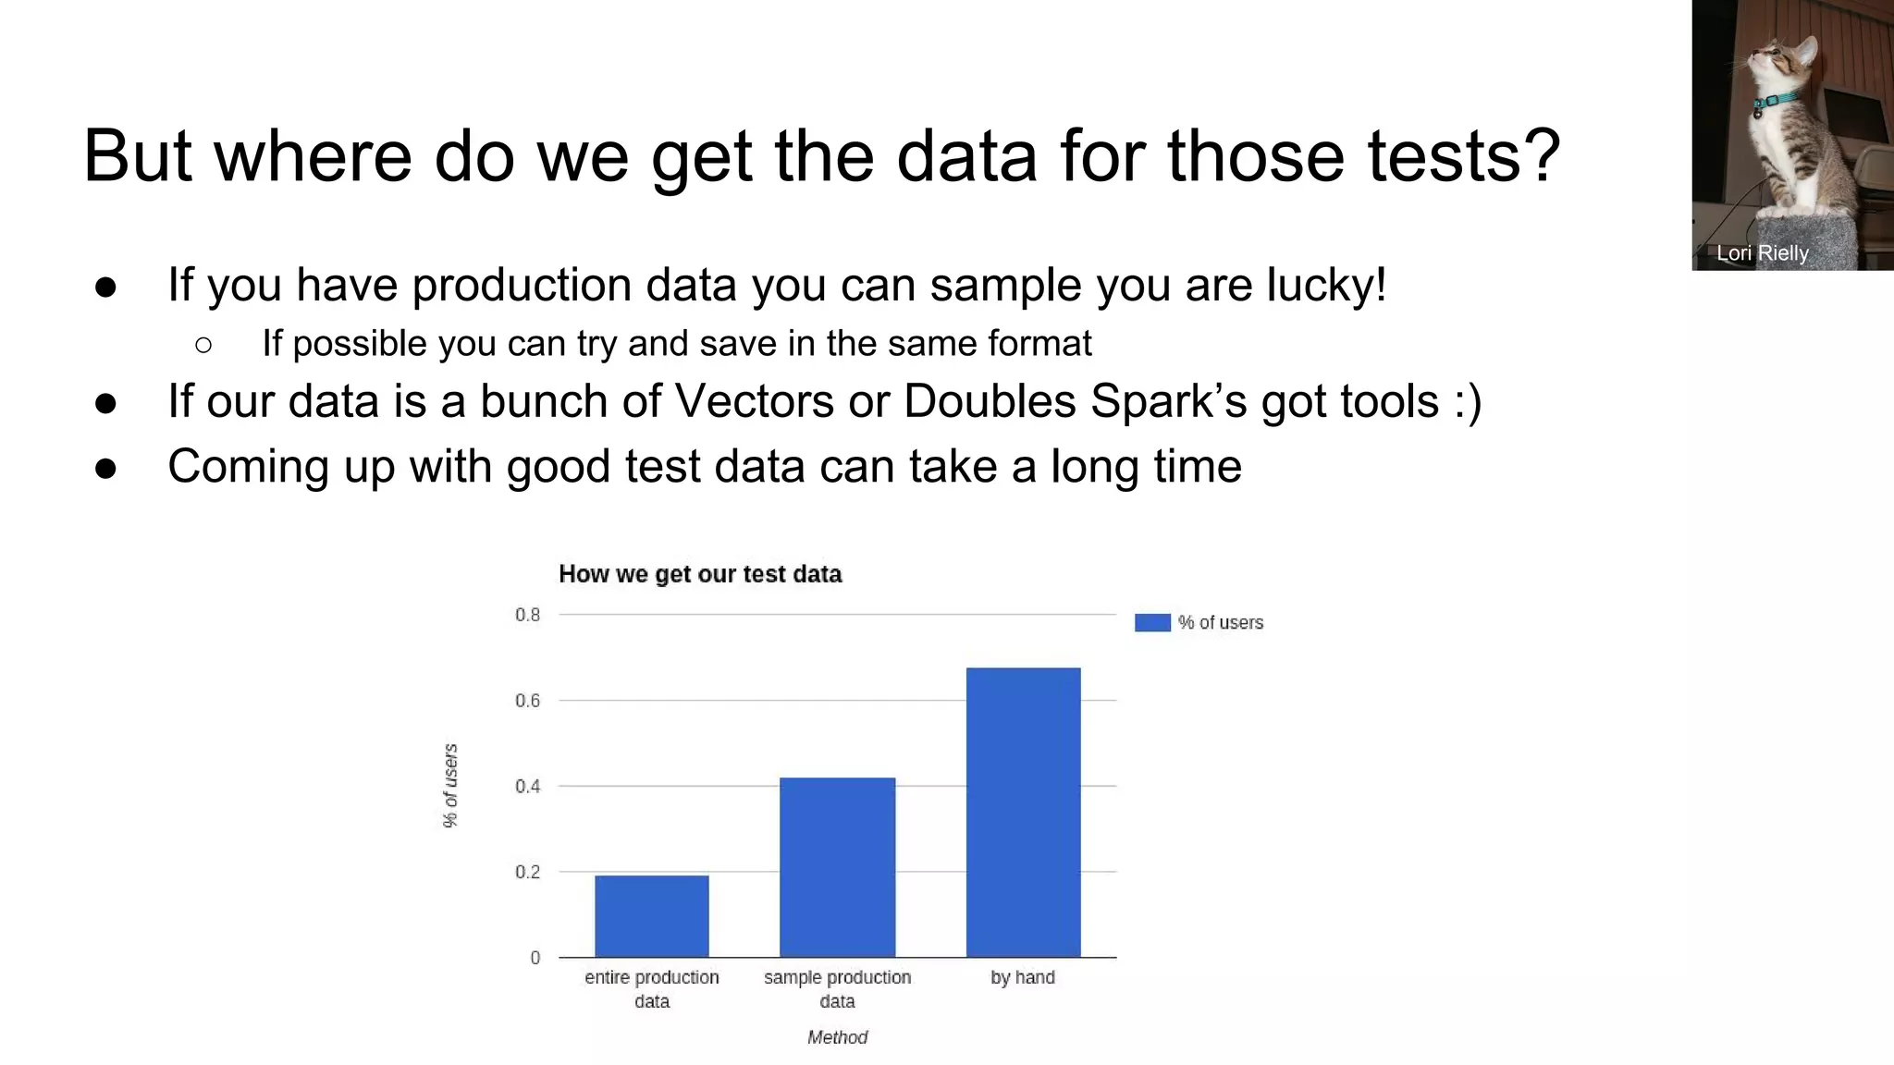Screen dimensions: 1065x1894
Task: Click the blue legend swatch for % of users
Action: [1152, 623]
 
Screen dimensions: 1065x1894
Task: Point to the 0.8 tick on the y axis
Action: [527, 615]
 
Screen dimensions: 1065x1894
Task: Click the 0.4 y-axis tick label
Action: [527, 787]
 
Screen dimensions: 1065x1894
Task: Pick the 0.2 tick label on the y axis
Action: [527, 872]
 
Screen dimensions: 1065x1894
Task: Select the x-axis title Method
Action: [837, 1037]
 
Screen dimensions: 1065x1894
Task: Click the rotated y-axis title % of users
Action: [450, 786]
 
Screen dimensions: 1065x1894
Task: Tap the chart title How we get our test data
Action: [700, 574]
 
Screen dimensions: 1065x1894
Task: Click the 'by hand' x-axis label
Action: [1022, 977]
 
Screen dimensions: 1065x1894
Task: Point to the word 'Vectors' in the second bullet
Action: [755, 401]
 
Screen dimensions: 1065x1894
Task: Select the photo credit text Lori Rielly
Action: [1762, 253]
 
